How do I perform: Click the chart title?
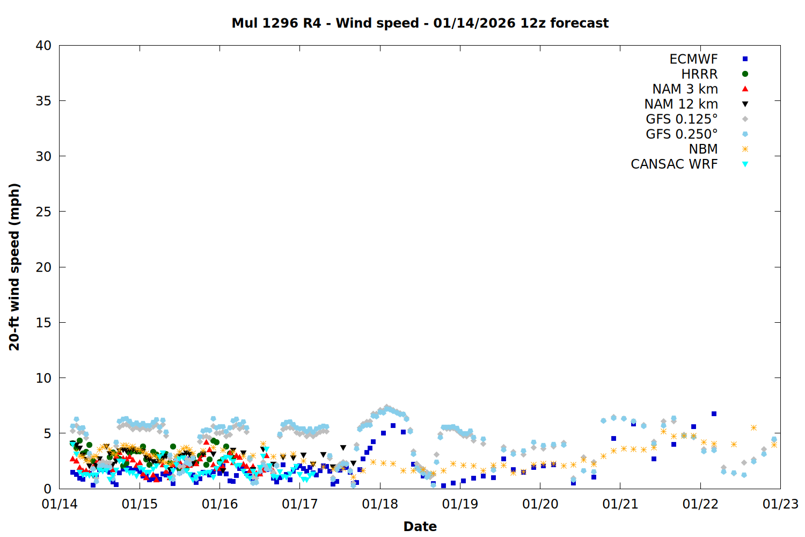pos(420,23)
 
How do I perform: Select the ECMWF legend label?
pos(693,59)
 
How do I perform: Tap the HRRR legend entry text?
pos(699,74)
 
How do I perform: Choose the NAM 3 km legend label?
pos(685,89)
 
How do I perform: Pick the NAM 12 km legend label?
pos(681,104)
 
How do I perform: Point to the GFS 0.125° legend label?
pos(682,119)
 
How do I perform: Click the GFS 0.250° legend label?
pos(682,134)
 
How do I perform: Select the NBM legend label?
pos(703,149)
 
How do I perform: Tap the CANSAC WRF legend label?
pos(674,164)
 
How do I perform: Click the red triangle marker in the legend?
pos(745,89)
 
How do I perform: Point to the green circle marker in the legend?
pos(745,74)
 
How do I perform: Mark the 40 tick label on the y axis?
pos(43,46)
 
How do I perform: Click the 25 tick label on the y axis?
pos(43,212)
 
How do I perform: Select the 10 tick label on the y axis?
pos(43,378)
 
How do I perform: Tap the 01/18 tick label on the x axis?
pos(380,504)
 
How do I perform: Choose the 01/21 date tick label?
pos(620,504)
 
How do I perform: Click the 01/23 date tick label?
pos(780,504)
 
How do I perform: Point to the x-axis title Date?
pos(420,526)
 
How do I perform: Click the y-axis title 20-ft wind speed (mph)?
pos(14,267)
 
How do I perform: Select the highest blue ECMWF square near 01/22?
pos(714,414)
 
